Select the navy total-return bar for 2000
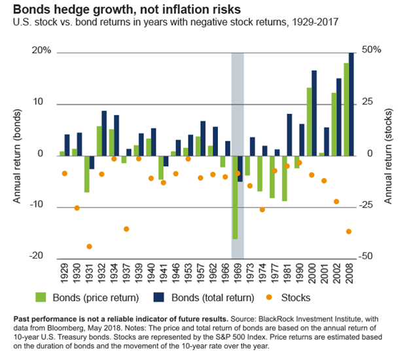pyautogui.click(x=314, y=112)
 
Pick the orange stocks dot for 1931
pyautogui.click(x=89, y=247)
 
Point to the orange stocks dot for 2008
pyautogui.click(x=349, y=232)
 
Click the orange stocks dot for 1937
pyautogui.click(x=126, y=229)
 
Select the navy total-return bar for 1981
pyautogui.click(x=289, y=134)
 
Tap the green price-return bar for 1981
pyautogui.click(x=284, y=178)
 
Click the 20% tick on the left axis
pyautogui.click(x=40, y=51)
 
